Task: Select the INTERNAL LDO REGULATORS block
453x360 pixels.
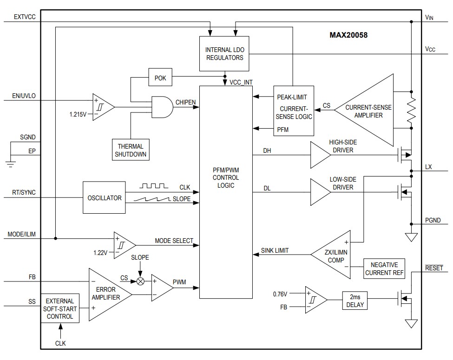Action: click(224, 53)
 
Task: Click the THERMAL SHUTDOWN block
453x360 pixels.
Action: click(131, 150)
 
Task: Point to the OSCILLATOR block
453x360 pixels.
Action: click(104, 198)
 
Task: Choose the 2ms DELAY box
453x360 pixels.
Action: click(355, 301)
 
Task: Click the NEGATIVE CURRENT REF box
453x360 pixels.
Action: click(384, 268)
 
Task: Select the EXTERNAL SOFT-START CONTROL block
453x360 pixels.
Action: click(60, 308)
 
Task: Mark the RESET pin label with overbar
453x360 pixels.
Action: click(433, 268)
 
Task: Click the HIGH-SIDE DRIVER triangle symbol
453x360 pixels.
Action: click(320, 155)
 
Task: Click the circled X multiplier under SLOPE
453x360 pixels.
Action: click(140, 281)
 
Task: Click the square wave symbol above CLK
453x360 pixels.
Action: click(154, 186)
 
